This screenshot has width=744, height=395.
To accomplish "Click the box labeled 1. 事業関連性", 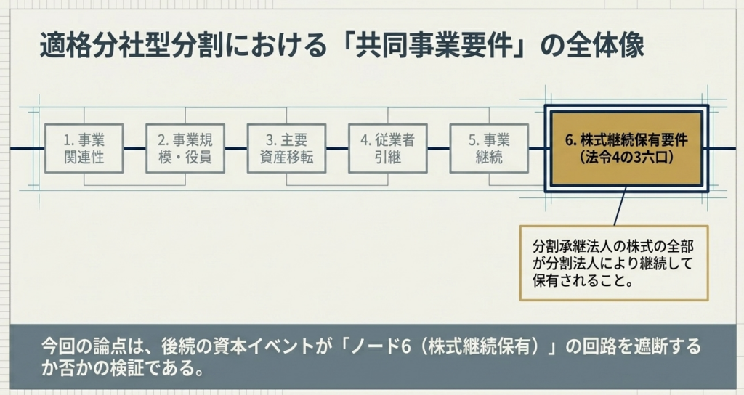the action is [84, 148].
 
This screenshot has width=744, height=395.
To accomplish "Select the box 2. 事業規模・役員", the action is [185, 148].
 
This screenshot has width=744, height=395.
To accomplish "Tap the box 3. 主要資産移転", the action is [286, 148].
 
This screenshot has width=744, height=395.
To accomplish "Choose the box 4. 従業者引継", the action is [388, 148].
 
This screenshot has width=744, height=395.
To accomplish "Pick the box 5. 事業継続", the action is [489, 148].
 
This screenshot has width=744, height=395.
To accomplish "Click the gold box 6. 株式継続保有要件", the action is [626, 148].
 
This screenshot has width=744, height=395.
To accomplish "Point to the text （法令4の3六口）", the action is [626, 157].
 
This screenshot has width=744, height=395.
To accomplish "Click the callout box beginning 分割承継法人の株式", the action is [614, 263].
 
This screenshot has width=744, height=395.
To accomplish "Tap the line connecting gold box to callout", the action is [620, 205].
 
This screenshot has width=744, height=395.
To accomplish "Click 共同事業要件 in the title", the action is [434, 46].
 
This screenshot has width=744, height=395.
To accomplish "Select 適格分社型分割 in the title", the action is [132, 46].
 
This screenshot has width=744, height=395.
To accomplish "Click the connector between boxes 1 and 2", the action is [134, 148].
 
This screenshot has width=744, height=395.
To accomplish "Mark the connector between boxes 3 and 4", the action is [337, 148].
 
